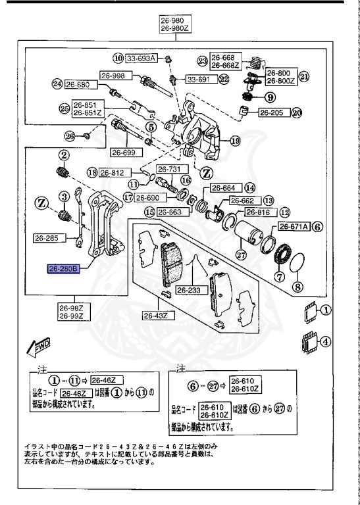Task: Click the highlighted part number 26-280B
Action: point(63,269)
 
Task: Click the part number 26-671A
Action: point(293,226)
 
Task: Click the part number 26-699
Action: point(123,153)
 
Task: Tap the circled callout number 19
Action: point(235,141)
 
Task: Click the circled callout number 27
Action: point(240,257)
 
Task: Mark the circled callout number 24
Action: point(57,84)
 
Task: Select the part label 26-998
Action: point(113,75)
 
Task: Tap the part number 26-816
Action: point(259,212)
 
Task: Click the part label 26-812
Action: point(114,173)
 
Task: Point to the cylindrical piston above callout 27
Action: point(251,233)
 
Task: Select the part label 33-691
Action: point(198,80)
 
